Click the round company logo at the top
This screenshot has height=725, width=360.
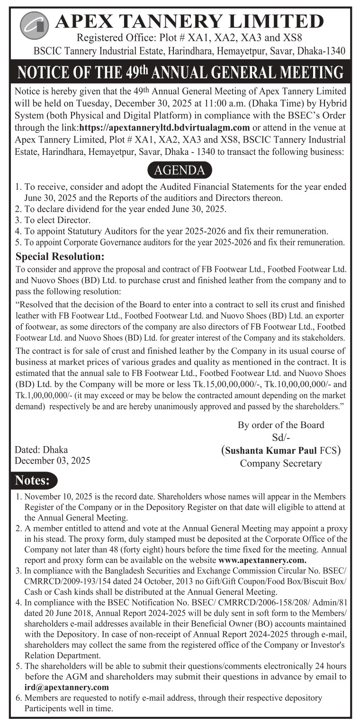[35, 24]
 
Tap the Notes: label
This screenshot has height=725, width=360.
[33, 480]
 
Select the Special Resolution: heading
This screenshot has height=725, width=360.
[60, 257]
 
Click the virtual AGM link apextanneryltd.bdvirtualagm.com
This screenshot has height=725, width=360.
[164, 127]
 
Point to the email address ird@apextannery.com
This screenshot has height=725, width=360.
[66, 687]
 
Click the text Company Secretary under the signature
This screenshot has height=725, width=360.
[280, 463]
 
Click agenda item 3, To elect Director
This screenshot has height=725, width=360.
[53, 220]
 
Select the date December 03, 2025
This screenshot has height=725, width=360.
[53, 460]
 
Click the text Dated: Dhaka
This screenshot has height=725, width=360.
[41, 449]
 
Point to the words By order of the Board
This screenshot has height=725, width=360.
[280, 425]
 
